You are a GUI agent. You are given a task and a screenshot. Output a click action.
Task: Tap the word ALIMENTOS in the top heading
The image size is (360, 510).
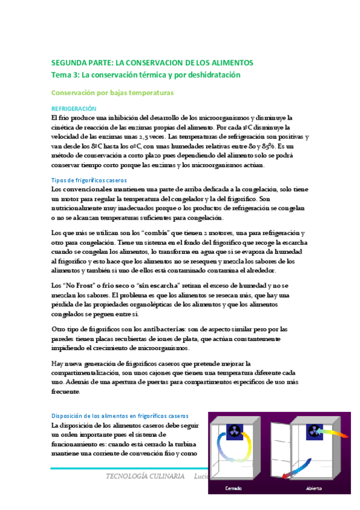(x=231, y=63)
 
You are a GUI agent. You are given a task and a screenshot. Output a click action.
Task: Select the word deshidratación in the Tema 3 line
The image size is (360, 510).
(x=210, y=75)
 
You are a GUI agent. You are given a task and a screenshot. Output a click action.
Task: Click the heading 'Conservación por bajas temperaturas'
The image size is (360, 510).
(x=112, y=93)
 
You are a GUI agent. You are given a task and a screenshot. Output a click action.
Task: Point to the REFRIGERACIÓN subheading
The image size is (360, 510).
(x=73, y=108)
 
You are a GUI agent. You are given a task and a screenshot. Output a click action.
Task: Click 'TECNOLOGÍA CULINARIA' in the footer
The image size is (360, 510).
(x=145, y=476)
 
